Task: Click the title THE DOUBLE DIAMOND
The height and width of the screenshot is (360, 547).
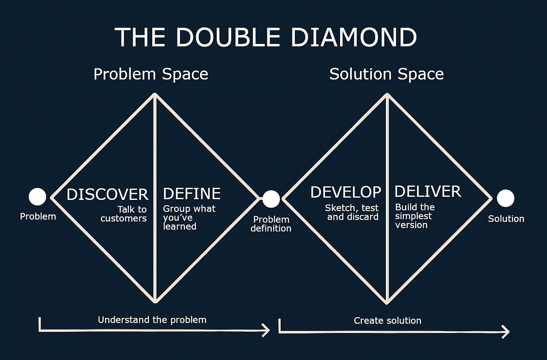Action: (266, 37)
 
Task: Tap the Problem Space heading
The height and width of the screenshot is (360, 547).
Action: (151, 74)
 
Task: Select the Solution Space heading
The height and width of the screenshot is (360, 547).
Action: (386, 74)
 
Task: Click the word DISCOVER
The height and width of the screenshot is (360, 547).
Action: (107, 195)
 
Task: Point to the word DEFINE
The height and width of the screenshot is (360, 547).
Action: (192, 194)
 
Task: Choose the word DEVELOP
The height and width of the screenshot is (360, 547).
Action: (345, 192)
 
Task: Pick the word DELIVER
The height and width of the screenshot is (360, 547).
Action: (428, 192)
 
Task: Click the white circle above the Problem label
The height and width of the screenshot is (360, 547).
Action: (38, 197)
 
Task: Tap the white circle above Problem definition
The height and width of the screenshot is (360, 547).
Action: (271, 199)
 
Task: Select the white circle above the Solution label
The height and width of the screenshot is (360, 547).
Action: (505, 198)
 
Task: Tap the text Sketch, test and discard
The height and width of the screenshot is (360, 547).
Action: (352, 212)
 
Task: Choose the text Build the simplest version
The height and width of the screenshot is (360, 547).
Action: (414, 216)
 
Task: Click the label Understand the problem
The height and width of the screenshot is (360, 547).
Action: (152, 320)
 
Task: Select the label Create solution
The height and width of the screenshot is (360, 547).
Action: (387, 321)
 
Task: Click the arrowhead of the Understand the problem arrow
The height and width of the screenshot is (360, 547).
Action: (267, 331)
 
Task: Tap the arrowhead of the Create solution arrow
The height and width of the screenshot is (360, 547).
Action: (506, 332)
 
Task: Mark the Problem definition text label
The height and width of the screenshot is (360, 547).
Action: (271, 224)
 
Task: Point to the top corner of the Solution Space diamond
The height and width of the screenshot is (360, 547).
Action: (387, 95)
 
